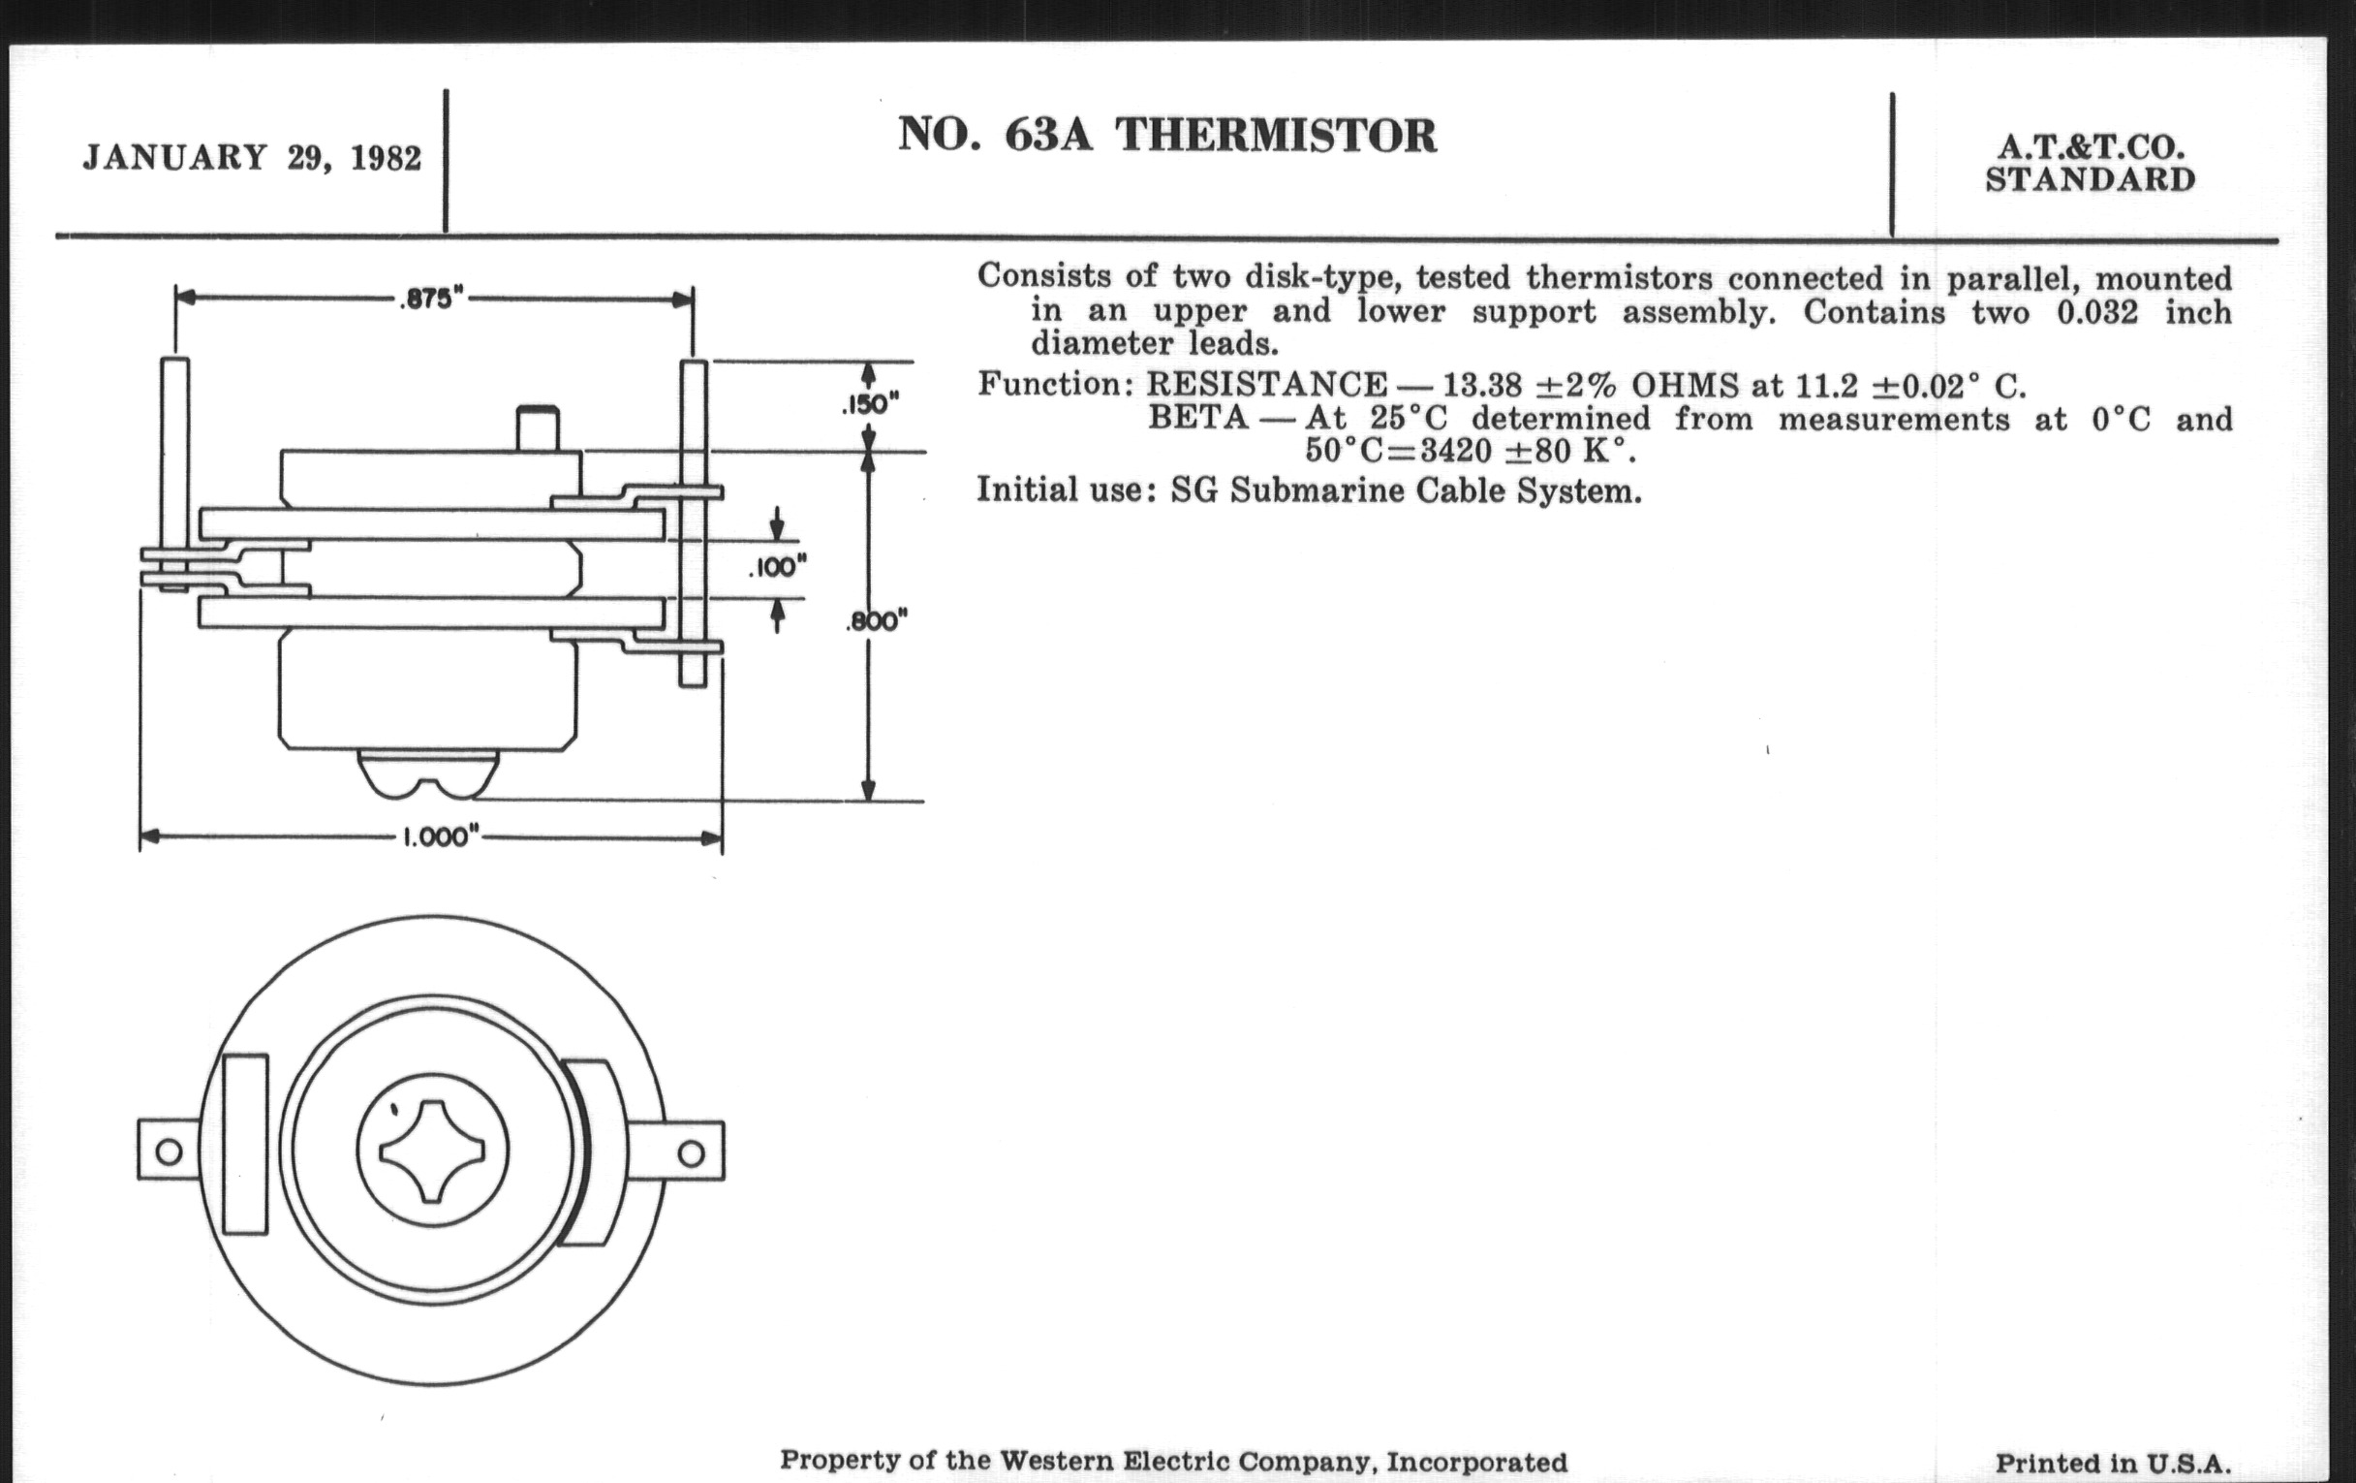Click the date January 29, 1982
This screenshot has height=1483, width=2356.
click(253, 158)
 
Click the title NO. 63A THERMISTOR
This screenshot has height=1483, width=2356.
click(1167, 136)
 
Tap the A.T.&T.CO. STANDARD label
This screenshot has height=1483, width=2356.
click(2090, 164)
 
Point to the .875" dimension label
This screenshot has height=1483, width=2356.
click(431, 299)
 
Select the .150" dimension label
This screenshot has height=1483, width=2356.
click(870, 404)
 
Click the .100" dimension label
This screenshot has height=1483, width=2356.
click(777, 567)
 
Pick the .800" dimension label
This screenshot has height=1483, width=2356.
click(877, 620)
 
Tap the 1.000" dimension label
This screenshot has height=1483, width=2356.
click(440, 838)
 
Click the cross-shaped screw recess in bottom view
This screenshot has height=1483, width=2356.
click(432, 1151)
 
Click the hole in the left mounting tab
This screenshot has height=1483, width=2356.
click(169, 1151)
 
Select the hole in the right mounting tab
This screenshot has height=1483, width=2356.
click(691, 1152)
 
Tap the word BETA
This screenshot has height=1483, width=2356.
click(1197, 419)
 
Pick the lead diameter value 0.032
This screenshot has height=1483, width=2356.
click(2092, 312)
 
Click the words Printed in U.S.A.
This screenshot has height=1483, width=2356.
click(2113, 1464)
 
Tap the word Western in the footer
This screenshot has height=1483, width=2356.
click(1055, 1462)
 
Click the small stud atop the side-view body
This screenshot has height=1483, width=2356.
click(537, 427)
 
